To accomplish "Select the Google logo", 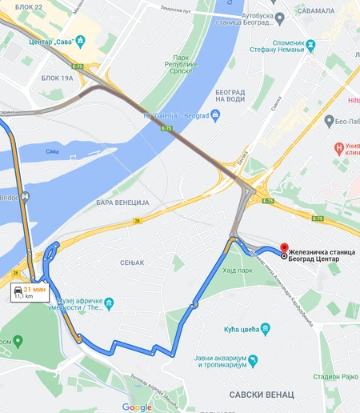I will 137,407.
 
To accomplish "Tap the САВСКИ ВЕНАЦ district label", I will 262,395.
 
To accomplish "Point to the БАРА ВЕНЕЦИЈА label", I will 122,202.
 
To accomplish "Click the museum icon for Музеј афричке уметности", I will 109,303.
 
